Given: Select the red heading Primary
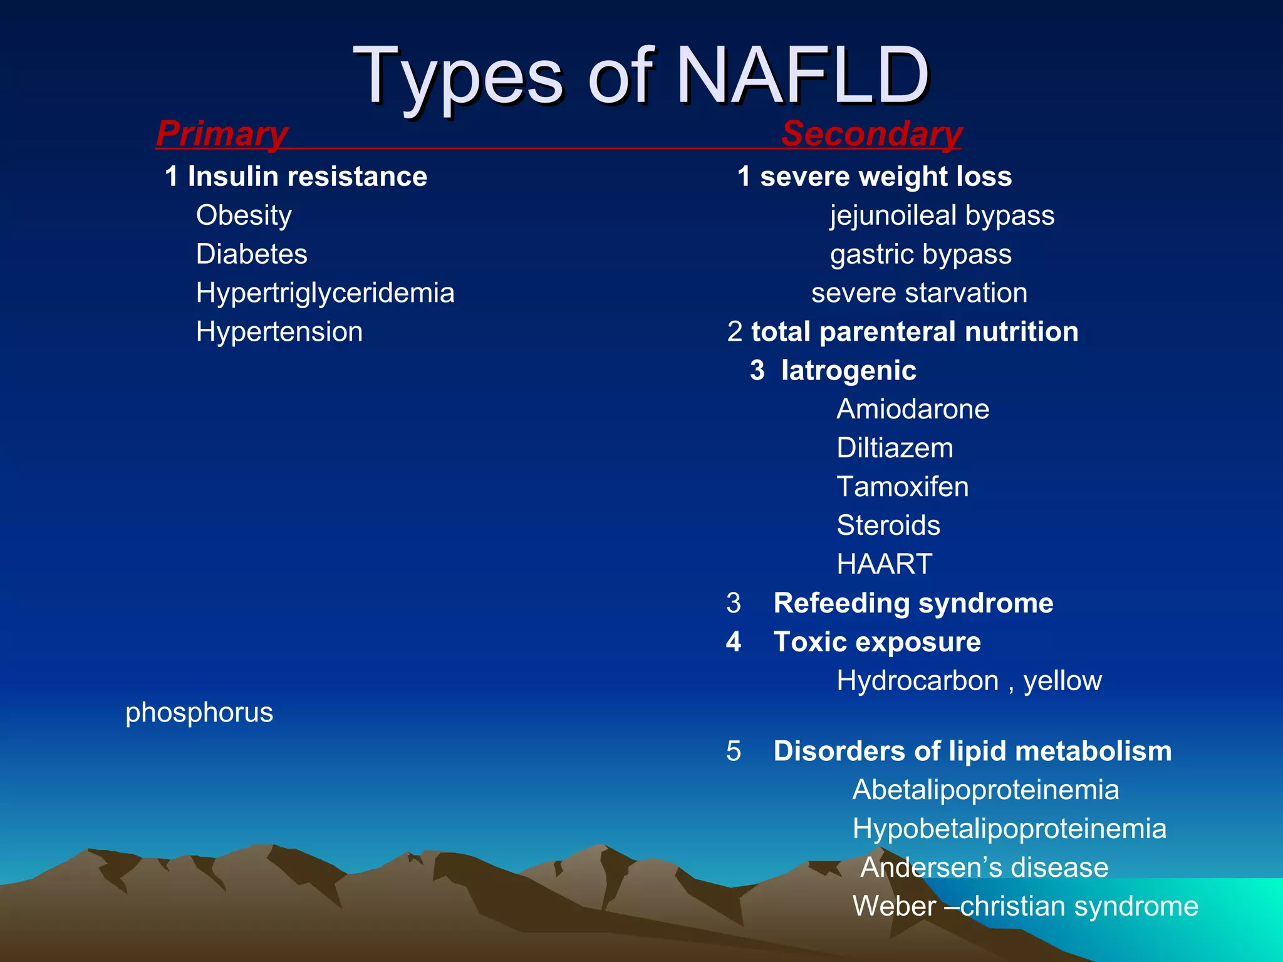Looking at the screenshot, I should (222, 133).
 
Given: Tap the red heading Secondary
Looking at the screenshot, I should (871, 133).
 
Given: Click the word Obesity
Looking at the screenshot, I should (244, 215).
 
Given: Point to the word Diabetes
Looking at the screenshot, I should (251, 254).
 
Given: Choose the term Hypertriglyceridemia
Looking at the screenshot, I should (325, 293).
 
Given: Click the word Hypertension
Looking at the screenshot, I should (279, 332).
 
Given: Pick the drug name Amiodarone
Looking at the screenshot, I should (913, 410).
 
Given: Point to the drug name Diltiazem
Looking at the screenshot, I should (895, 448).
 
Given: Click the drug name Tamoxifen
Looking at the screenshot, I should (902, 487).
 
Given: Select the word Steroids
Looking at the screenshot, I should (888, 525).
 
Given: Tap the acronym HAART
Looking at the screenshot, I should (885, 564).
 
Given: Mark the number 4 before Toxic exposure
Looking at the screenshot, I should (734, 642).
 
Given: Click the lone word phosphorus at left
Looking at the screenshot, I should (199, 713).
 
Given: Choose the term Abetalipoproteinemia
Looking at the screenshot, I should (985, 790).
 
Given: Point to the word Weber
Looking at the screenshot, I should (894, 906).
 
